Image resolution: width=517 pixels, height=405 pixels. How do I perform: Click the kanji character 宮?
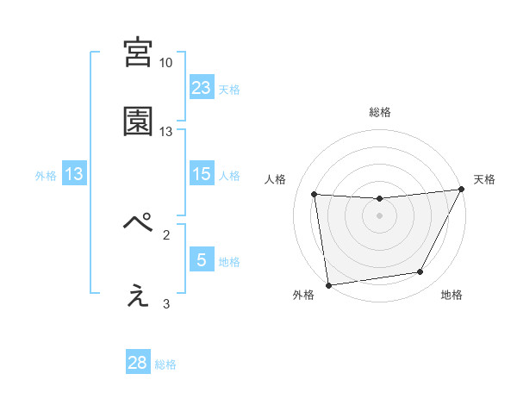pyautogui.click(x=138, y=53)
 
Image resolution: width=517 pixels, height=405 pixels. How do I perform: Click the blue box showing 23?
pyautogui.click(x=202, y=87)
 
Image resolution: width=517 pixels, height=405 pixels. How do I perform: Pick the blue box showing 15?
pyautogui.click(x=202, y=174)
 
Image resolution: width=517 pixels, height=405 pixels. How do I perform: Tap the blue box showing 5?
pyautogui.click(x=202, y=260)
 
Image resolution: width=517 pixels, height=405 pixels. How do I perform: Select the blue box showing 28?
pyautogui.click(x=138, y=363)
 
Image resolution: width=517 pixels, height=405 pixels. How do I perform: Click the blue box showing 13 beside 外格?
pyautogui.click(x=74, y=174)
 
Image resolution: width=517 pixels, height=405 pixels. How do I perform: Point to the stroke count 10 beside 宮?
pyautogui.click(x=166, y=63)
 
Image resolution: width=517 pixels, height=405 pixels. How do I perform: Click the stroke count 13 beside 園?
pyautogui.click(x=166, y=132)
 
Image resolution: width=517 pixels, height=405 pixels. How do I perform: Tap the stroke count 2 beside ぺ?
pyautogui.click(x=166, y=234)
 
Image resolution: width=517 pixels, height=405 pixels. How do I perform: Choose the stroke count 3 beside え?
pyautogui.click(x=166, y=303)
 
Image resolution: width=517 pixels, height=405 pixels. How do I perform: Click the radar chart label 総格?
pyautogui.click(x=379, y=112)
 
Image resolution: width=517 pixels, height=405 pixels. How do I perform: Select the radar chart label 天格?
pyautogui.click(x=484, y=179)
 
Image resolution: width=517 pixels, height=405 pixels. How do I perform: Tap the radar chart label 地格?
pyautogui.click(x=452, y=295)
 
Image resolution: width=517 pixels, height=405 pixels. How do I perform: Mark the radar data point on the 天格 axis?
pyautogui.click(x=461, y=190)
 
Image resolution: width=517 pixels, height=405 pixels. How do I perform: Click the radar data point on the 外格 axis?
pyautogui.click(x=328, y=284)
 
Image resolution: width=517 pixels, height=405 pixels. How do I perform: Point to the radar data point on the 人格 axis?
pyautogui.click(x=315, y=195)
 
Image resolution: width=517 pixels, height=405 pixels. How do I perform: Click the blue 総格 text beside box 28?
pyautogui.click(x=165, y=364)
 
